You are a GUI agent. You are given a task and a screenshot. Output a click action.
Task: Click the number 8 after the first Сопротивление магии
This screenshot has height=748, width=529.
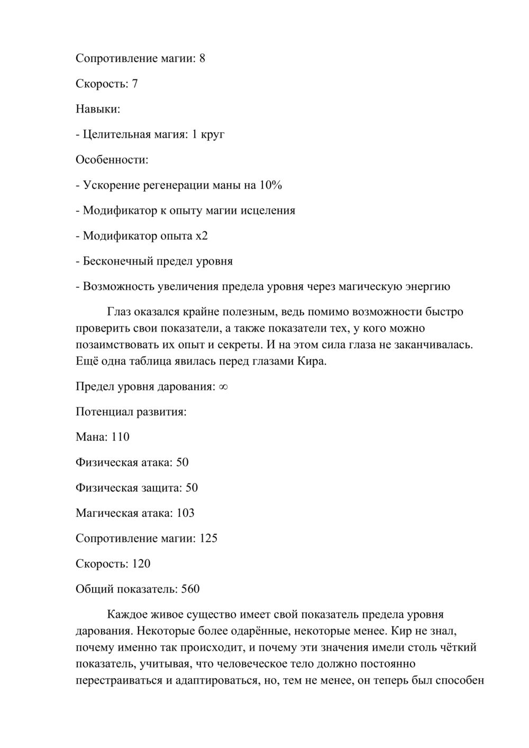click(x=202, y=58)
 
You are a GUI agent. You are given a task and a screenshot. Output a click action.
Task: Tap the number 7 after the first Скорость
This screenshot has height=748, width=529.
click(x=135, y=84)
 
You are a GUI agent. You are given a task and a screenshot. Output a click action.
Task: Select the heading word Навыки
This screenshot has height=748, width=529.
click(x=98, y=109)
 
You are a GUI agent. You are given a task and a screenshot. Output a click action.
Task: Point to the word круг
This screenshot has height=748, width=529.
click(x=213, y=134)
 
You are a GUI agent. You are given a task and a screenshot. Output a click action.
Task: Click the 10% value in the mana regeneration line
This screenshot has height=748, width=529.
click(x=270, y=185)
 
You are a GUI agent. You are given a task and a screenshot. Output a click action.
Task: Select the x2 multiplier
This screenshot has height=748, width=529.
click(x=202, y=236)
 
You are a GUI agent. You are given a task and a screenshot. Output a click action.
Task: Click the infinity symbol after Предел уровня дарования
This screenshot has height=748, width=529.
click(x=223, y=387)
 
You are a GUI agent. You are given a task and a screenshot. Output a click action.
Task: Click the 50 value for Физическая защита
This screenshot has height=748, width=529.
click(x=191, y=488)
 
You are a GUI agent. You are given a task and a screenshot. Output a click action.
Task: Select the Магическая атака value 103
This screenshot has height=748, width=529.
click(x=185, y=513)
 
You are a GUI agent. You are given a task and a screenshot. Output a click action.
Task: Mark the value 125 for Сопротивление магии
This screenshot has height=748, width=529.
click(x=208, y=539)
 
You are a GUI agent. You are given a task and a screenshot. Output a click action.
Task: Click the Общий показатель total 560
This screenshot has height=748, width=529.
click(x=190, y=589)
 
